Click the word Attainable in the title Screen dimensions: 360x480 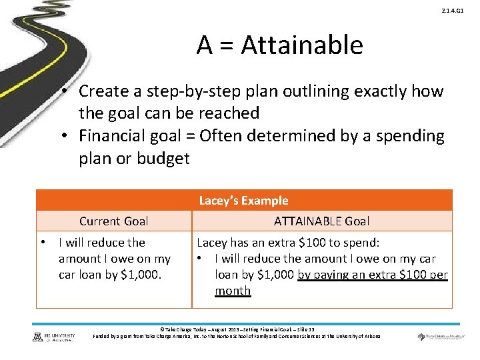(302, 45)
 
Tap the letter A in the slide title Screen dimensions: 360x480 (205, 45)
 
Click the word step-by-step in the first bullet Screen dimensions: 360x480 (175, 91)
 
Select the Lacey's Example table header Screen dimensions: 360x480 (243, 201)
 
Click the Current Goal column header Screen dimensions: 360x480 (113, 221)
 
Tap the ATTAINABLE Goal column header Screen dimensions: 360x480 (321, 221)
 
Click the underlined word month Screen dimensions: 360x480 (233, 291)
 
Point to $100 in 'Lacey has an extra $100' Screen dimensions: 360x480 (303, 243)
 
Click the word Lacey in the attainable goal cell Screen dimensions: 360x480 (211, 243)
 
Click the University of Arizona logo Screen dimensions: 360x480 (54, 337)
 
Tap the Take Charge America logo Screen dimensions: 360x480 (439, 337)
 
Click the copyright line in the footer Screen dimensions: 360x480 (237, 329)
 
